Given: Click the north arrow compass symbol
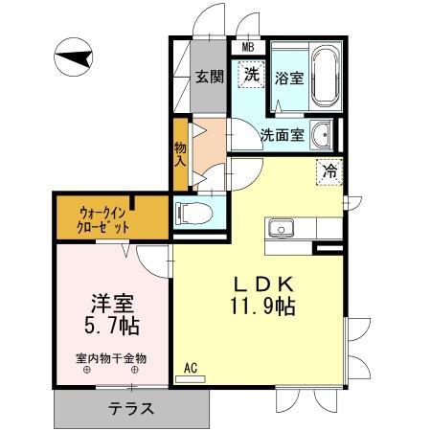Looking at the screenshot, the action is pos(73,57).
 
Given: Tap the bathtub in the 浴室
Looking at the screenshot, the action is pos(325,78).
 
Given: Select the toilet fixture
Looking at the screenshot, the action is pos(193,214).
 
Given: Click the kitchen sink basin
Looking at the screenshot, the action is pos(281,229).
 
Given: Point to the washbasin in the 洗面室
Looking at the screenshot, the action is pos(322,136).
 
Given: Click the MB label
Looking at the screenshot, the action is pos(248,48).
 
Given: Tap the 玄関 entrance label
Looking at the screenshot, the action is pos(209,77).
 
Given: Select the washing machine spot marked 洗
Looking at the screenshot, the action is pos(252,75).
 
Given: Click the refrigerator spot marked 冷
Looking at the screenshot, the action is pos(329,171).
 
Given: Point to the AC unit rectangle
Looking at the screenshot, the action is pos(191,379).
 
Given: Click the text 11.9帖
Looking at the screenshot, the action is pos(262,306).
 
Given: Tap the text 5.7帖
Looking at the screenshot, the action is pos(112,326).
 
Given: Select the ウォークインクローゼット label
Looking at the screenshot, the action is pos(102,219).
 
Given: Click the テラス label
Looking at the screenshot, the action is pos(131,408).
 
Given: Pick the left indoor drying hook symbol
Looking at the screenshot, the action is pos(87,370).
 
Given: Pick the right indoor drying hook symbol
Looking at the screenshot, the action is pos(135,370).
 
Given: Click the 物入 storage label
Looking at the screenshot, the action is pos(180,154).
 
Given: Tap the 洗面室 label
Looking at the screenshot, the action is pos(282,135).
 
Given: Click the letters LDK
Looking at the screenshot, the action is pos(263,284).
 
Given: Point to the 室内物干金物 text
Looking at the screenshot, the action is pos(111,358).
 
